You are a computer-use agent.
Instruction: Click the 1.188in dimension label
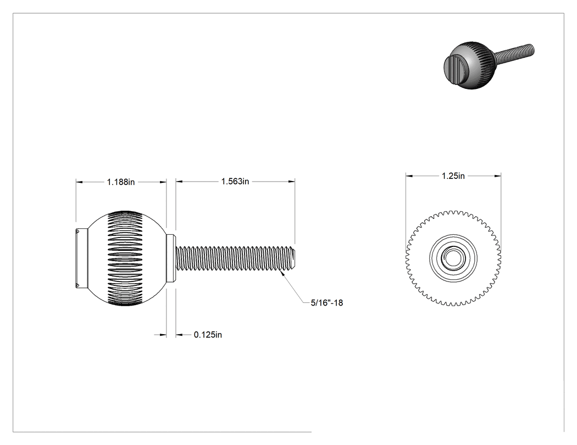121,182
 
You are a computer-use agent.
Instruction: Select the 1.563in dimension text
235,182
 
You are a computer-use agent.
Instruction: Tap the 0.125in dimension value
208,335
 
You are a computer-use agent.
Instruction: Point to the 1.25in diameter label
453,176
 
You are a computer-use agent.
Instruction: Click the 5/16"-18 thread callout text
327,303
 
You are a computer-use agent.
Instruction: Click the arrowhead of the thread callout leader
282,272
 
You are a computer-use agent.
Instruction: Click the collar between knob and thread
170,258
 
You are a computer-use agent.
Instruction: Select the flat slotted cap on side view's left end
82,258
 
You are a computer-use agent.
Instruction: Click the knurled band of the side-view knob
125,258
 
